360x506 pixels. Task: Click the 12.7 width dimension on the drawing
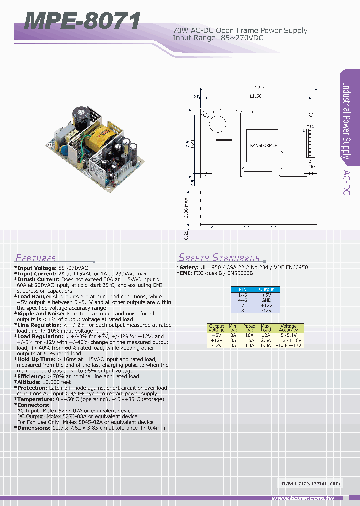tap(258, 87)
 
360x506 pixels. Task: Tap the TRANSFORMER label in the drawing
tap(262, 145)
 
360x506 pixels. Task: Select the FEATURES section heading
tap(35, 258)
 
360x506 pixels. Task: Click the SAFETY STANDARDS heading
tap(219, 258)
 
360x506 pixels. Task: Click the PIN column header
tap(242, 289)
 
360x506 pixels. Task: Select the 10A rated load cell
tap(249, 335)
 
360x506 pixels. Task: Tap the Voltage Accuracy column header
tap(288, 328)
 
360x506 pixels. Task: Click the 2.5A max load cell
tap(266, 340)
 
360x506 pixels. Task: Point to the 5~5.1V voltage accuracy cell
tap(288, 335)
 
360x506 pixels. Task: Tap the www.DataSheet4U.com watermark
tap(310, 483)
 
